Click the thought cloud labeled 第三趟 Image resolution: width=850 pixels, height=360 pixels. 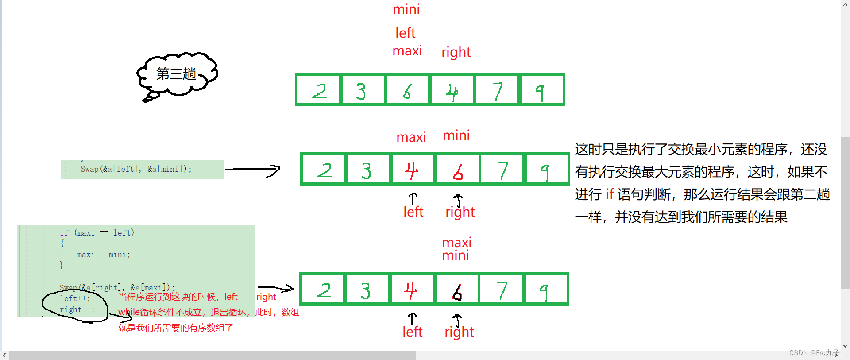click(177, 74)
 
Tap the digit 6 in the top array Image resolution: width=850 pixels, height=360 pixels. click(407, 91)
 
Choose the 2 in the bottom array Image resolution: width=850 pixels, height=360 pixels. click(324, 290)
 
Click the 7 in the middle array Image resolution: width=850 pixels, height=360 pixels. click(502, 170)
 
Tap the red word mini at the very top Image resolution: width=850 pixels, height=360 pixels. click(406, 9)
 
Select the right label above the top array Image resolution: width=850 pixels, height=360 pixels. click(456, 52)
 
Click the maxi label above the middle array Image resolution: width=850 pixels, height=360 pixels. click(411, 137)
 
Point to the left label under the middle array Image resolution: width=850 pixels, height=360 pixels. click(413, 212)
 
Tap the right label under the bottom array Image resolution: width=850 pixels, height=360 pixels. click(459, 332)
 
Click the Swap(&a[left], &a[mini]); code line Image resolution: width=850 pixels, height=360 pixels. click(136, 169)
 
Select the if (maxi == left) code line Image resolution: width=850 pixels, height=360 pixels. click(97, 233)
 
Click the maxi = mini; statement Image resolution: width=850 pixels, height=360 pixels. click(104, 255)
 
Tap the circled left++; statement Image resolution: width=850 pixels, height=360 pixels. click(75, 298)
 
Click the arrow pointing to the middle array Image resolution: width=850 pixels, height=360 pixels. click(252, 170)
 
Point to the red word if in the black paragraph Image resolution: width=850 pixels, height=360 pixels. click(610, 194)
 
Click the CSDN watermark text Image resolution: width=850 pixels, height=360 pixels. click(814, 353)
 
